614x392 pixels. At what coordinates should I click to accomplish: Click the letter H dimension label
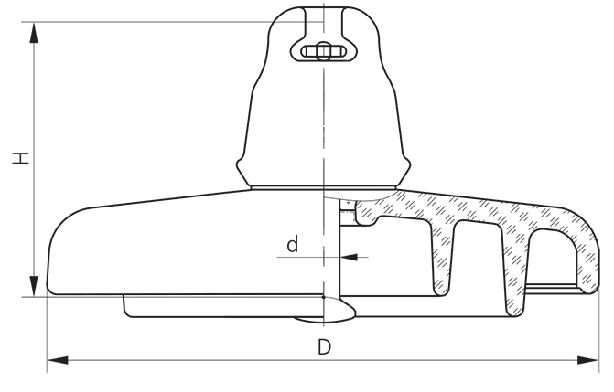[x=19, y=157]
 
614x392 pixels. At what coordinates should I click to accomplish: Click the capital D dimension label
[x=323, y=347]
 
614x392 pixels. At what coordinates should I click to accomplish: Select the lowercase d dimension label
[x=292, y=244]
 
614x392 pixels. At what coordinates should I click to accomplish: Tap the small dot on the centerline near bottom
[x=324, y=297]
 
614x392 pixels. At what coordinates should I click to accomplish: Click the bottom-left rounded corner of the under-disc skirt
[x=128, y=312]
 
